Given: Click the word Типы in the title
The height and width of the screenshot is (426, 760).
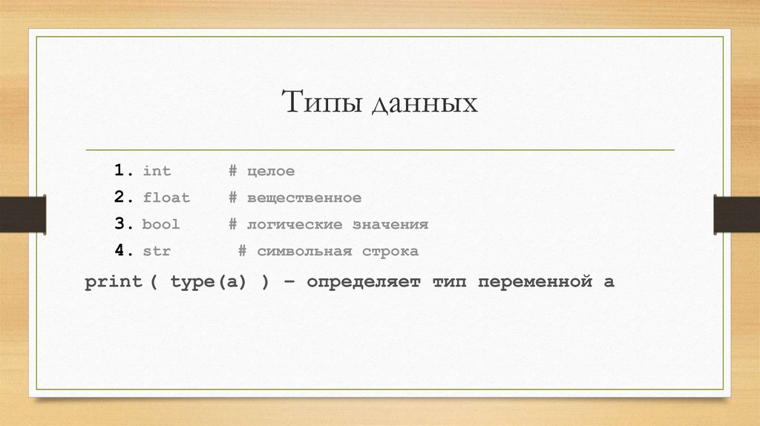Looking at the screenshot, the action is pos(322,102).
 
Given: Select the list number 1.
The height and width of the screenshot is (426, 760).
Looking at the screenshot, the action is pos(124,170).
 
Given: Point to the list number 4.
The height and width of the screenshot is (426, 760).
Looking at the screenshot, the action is pos(124,250).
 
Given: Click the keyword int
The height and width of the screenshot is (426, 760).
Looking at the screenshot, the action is pos(157,171).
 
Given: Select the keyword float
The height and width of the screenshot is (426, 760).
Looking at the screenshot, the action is pos(166,197).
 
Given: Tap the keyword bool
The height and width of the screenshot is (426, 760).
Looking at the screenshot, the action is pos(161,224).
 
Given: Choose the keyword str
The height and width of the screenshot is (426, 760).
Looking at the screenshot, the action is pos(157,252).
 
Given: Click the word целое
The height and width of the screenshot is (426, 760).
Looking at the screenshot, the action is pos(271,171).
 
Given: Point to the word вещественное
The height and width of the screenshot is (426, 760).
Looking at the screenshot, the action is pos(304,197).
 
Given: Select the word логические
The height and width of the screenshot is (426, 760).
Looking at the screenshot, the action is pos(295,224).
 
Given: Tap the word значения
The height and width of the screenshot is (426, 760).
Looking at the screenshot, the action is pos(390,224).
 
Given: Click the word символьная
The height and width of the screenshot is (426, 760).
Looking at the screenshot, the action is pos(304,251).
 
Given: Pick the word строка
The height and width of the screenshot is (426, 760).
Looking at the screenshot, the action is pos(390,252).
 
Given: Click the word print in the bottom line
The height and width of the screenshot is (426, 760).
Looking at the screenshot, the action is pos(114,281).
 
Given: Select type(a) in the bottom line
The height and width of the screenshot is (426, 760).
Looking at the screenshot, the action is pos(209,281).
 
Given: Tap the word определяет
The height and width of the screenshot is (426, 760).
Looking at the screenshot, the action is pos(364,282).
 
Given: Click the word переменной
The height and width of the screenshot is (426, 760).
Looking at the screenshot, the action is pos(535,282).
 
